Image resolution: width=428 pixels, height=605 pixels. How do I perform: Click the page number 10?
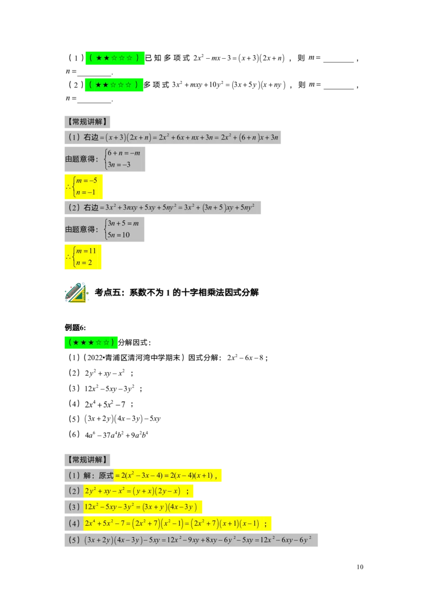tap(360, 567)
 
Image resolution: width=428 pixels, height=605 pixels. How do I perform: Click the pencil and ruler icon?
tap(76, 292)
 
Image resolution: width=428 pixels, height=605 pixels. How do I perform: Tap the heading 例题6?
tap(75, 328)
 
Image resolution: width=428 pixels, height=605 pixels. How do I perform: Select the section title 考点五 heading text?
tap(177, 292)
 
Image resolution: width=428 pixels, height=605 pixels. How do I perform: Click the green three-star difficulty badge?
tap(91, 342)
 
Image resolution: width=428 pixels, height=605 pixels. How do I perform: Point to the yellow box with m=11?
tap(83, 257)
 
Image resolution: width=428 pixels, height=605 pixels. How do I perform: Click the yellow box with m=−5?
tap(83, 187)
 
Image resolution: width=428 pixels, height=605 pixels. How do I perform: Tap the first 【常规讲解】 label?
tap(87, 122)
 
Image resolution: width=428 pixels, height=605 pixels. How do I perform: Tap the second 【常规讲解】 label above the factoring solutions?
tap(87, 460)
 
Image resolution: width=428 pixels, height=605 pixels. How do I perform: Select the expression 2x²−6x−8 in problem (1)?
tap(245, 358)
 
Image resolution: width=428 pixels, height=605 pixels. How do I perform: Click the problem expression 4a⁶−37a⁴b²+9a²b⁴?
tap(116, 435)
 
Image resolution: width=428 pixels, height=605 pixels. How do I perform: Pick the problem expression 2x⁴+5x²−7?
tap(105, 405)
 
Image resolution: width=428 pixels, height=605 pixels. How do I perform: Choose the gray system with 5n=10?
tap(104, 229)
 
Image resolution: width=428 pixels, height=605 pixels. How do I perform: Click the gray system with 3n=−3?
tap(105, 159)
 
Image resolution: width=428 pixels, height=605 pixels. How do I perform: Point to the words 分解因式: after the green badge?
tap(134, 342)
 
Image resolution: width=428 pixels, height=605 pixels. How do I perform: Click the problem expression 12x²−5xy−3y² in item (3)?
tap(109, 389)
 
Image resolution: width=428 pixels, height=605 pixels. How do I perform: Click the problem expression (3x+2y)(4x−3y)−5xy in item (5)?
tap(122, 418)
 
